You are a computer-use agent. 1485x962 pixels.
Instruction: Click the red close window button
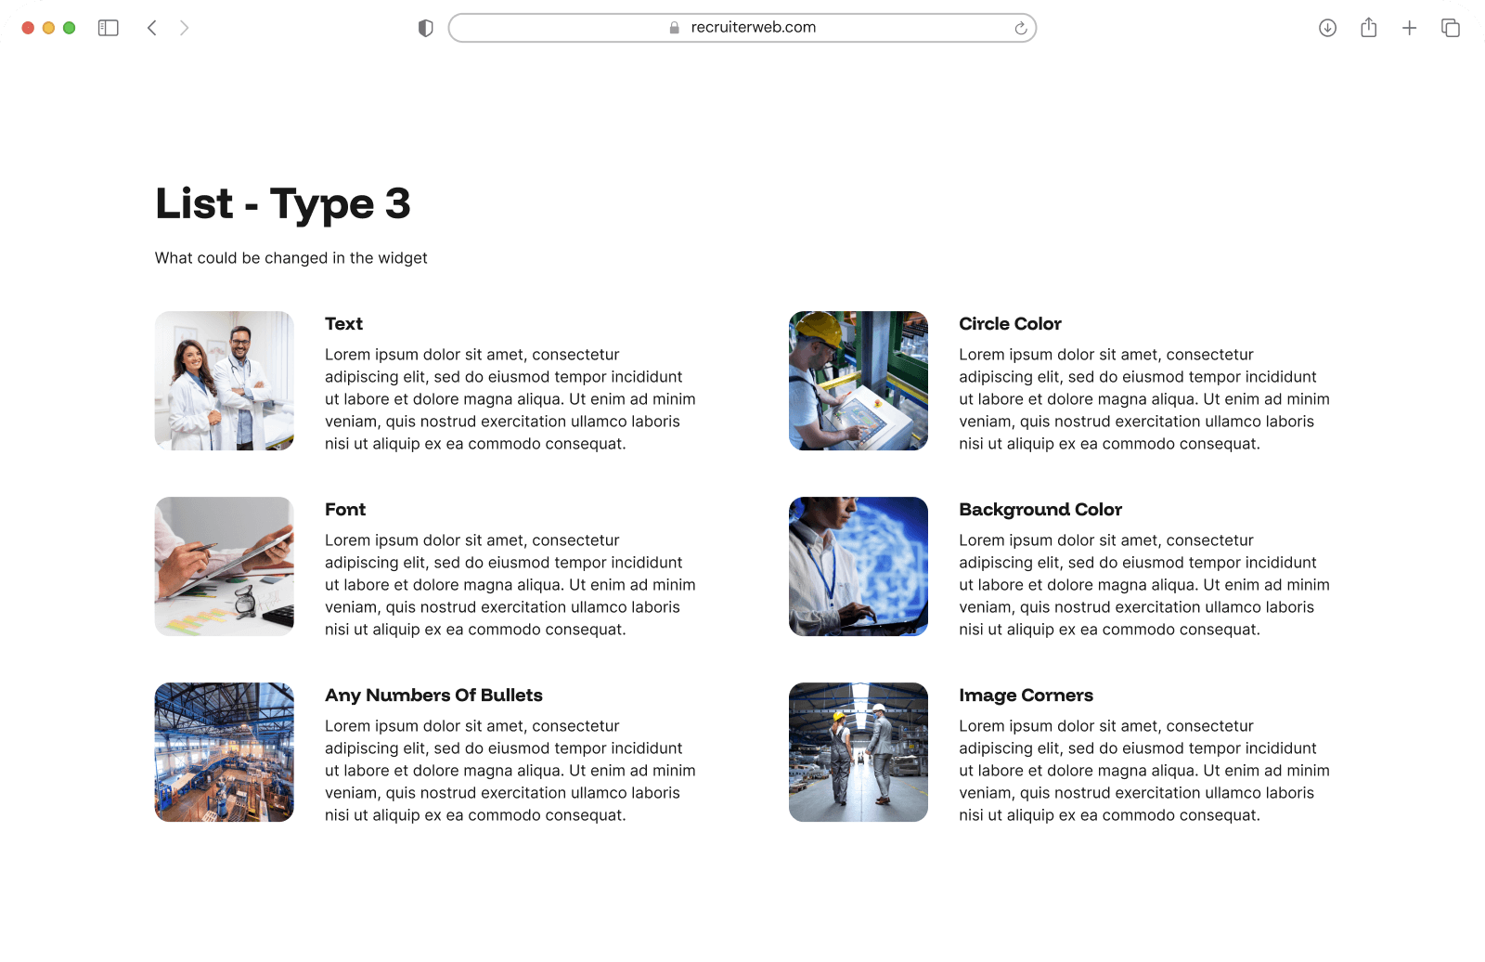pyautogui.click(x=28, y=28)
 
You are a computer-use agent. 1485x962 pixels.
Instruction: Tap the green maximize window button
pyautogui.click(x=69, y=28)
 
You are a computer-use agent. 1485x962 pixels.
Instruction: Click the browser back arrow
pyautogui.click(x=152, y=28)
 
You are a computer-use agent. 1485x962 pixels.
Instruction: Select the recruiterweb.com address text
pyautogui.click(x=753, y=28)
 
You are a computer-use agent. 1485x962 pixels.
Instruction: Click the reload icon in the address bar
pyautogui.click(x=1020, y=28)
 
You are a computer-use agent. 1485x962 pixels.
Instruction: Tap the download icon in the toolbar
pyautogui.click(x=1327, y=28)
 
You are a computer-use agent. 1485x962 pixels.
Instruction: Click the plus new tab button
pyautogui.click(x=1409, y=28)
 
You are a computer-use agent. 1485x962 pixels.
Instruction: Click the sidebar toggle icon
pyautogui.click(x=109, y=28)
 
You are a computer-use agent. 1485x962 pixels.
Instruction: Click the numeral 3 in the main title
pyautogui.click(x=397, y=203)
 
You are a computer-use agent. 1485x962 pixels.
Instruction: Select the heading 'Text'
pyautogui.click(x=343, y=324)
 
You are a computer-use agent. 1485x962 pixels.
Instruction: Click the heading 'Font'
pyautogui.click(x=345, y=510)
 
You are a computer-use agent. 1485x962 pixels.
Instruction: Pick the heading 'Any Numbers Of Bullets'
pyautogui.click(x=433, y=695)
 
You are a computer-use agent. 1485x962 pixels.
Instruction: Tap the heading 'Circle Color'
pyautogui.click(x=1010, y=324)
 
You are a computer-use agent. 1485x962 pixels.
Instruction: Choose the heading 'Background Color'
pyautogui.click(x=1040, y=510)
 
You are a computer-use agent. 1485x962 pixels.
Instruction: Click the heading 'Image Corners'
pyautogui.click(x=1026, y=695)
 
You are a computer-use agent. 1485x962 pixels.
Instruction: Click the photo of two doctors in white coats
pyautogui.click(x=225, y=381)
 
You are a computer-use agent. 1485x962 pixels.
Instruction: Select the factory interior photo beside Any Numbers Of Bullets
pyautogui.click(x=225, y=752)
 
